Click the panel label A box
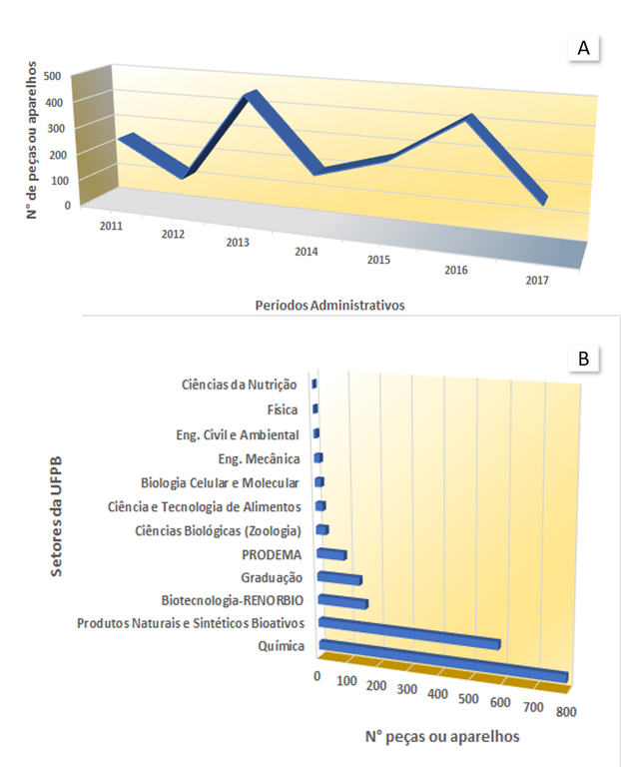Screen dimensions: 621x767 click(x=583, y=48)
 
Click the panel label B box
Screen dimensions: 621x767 click(x=583, y=359)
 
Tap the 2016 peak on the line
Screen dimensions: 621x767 click(x=469, y=117)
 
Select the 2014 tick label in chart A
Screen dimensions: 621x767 click(x=307, y=252)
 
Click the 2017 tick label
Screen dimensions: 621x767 click(x=537, y=281)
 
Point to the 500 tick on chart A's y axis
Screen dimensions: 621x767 click(x=52, y=76)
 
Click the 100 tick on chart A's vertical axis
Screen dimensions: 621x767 click(x=60, y=181)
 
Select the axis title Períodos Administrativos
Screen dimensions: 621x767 click(x=330, y=306)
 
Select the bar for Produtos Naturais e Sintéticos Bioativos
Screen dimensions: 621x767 click(x=408, y=633)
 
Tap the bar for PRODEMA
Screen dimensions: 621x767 click(x=331, y=554)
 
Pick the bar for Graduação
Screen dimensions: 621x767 click(x=339, y=578)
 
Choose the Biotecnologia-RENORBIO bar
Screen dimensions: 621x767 click(x=342, y=601)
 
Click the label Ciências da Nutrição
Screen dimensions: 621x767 click(x=239, y=384)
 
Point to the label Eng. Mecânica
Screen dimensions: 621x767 click(x=259, y=458)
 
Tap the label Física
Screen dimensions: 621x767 click(x=283, y=409)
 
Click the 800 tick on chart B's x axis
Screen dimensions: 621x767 click(x=566, y=712)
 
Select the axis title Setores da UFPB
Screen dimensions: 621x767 click(x=56, y=516)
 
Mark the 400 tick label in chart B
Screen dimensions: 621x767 click(x=437, y=694)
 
